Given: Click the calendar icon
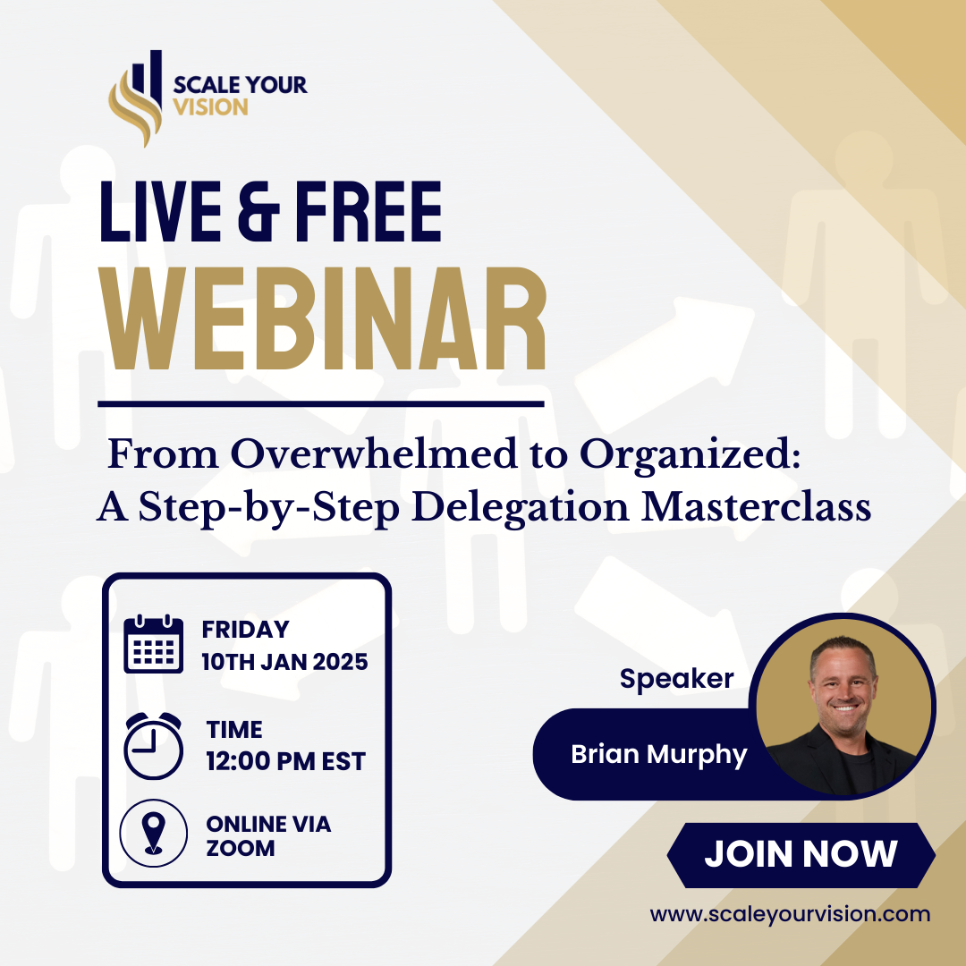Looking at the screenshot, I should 153,644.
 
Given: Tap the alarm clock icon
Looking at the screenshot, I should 153,745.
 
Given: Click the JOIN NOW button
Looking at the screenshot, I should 801,854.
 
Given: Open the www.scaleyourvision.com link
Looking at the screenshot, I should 790,914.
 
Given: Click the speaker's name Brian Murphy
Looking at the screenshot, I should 658,755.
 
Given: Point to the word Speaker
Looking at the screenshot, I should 676,679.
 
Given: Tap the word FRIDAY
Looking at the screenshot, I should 245,630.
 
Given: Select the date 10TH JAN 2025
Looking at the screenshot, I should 284,663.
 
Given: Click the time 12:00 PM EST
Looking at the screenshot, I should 285,761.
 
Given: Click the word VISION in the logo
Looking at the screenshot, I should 211,108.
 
